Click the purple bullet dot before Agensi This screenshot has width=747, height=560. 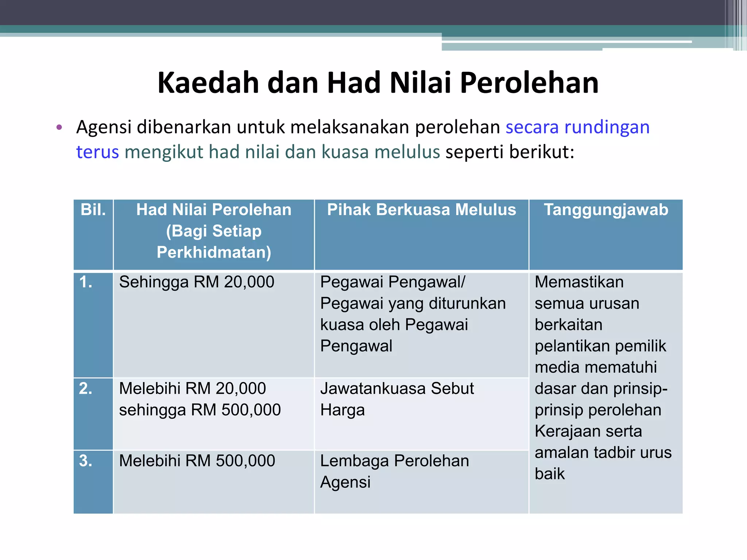(x=59, y=128)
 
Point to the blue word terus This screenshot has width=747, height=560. (x=97, y=152)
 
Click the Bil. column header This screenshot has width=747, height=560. (x=93, y=210)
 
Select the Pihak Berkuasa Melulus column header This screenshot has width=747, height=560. (x=421, y=210)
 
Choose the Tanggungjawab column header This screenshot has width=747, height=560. (x=606, y=210)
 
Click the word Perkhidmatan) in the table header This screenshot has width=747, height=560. (x=214, y=252)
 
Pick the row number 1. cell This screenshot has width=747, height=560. (x=86, y=282)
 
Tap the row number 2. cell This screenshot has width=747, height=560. (x=86, y=389)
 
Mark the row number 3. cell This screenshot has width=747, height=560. (x=86, y=461)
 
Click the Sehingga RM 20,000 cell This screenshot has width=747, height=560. (x=197, y=282)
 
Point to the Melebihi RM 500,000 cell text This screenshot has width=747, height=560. (x=197, y=461)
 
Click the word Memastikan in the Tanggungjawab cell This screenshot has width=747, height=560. (x=579, y=282)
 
